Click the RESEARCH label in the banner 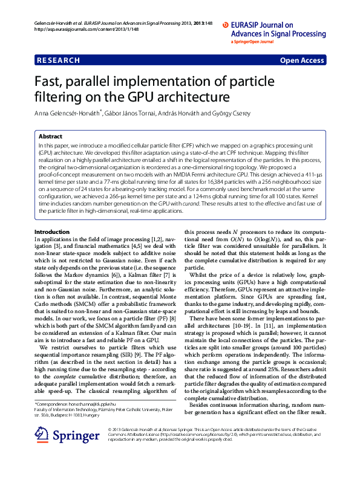[x=58, y=60]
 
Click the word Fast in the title [x=50, y=82]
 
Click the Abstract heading [x=50, y=137]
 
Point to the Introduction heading [x=52, y=215]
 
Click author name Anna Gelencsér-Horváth [x=67, y=113]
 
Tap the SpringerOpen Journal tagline [x=254, y=42]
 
